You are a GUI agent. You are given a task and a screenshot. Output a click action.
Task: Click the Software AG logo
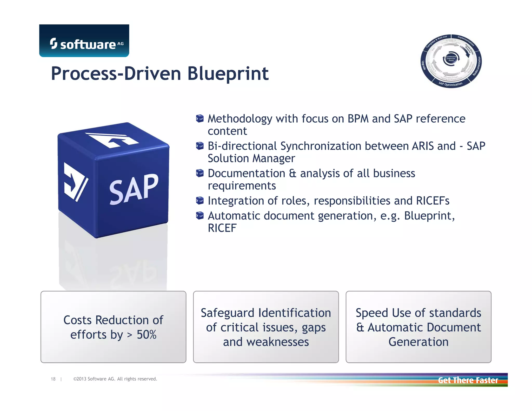[84, 41]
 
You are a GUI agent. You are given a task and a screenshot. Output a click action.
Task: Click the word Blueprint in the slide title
[228, 74]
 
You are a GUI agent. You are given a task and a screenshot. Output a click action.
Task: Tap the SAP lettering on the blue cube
[133, 189]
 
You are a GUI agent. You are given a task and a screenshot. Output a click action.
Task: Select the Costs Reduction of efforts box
[113, 327]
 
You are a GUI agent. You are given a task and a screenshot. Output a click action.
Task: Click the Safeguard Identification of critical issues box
[266, 327]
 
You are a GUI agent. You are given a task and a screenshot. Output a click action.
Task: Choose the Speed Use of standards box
[418, 327]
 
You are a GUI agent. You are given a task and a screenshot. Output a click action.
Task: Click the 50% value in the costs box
[147, 335]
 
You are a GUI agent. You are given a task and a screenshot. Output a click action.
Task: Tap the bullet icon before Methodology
[199, 119]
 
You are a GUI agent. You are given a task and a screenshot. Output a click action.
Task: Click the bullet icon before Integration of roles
[199, 201]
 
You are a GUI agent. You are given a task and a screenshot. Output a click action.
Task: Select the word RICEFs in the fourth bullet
[433, 201]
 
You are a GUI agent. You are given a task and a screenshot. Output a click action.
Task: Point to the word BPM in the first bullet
[358, 119]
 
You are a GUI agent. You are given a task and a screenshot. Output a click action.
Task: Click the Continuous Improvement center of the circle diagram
[451, 58]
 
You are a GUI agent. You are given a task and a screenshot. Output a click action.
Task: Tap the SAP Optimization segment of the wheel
[450, 84]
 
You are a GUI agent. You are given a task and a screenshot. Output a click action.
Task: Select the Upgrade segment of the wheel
[423, 65]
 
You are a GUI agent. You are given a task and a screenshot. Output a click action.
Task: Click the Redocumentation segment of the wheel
[477, 66]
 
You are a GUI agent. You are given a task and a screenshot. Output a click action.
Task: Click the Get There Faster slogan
[468, 380]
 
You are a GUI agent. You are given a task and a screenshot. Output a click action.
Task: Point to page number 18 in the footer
[53, 379]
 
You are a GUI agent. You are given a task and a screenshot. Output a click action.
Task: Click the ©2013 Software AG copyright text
[115, 379]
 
